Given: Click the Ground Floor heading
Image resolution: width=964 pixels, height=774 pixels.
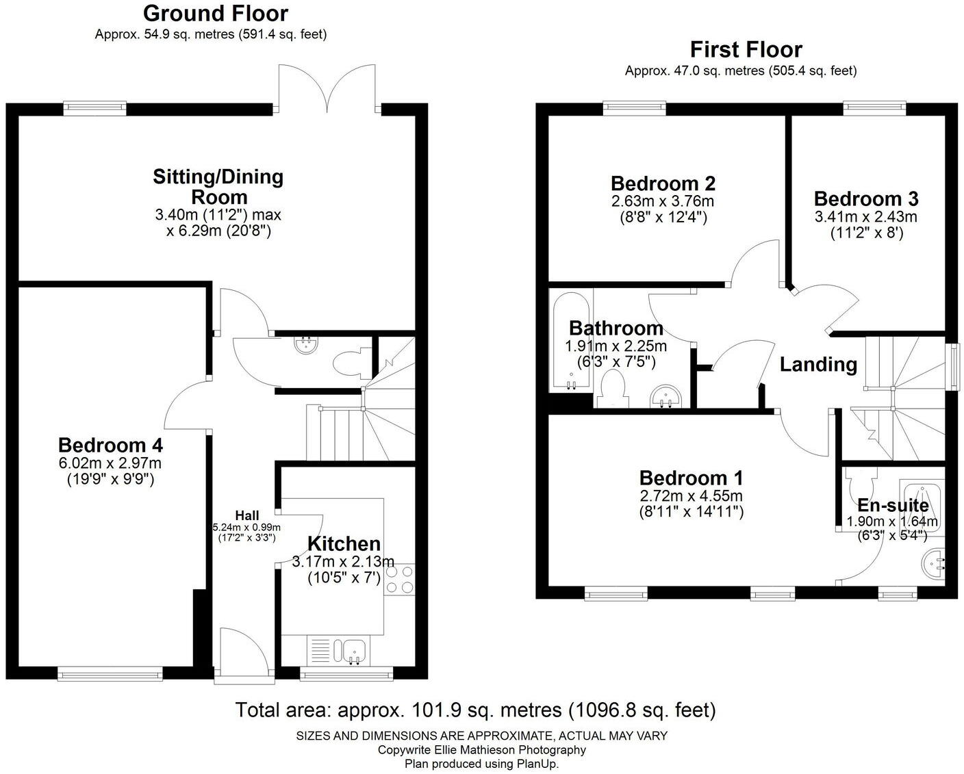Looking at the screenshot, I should click(215, 14).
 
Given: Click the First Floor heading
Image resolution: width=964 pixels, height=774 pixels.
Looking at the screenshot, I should click(746, 50).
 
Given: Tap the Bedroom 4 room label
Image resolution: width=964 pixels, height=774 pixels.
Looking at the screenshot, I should click(110, 446).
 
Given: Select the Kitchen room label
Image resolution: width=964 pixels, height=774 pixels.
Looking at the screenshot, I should click(344, 544).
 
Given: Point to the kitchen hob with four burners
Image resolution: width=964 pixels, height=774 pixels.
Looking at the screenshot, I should click(399, 579).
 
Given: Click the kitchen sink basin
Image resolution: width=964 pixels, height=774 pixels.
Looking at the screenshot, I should click(355, 649).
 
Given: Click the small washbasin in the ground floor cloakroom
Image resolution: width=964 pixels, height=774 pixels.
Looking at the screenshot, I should click(306, 344).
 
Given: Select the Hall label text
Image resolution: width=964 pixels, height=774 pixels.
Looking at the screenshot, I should click(246, 515).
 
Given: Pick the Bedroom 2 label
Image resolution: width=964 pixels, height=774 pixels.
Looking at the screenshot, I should click(663, 184).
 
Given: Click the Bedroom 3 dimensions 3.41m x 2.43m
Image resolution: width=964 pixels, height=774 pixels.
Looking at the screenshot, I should click(865, 217).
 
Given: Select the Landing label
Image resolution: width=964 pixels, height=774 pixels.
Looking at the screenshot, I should click(818, 365).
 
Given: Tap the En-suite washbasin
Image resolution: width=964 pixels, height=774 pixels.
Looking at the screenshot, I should click(933, 563).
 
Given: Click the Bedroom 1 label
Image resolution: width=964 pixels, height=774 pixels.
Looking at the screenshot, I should click(691, 478).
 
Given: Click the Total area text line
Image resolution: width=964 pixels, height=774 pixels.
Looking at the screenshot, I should click(475, 710).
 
